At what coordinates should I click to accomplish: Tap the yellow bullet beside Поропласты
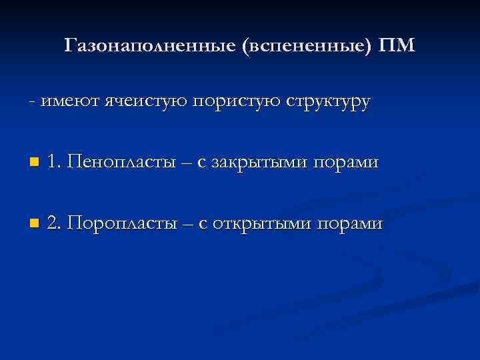pos(34,223)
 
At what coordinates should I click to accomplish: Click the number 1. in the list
pos(55,162)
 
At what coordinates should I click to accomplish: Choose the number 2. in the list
pos(55,222)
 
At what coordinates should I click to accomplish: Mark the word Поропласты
pos(124,222)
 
